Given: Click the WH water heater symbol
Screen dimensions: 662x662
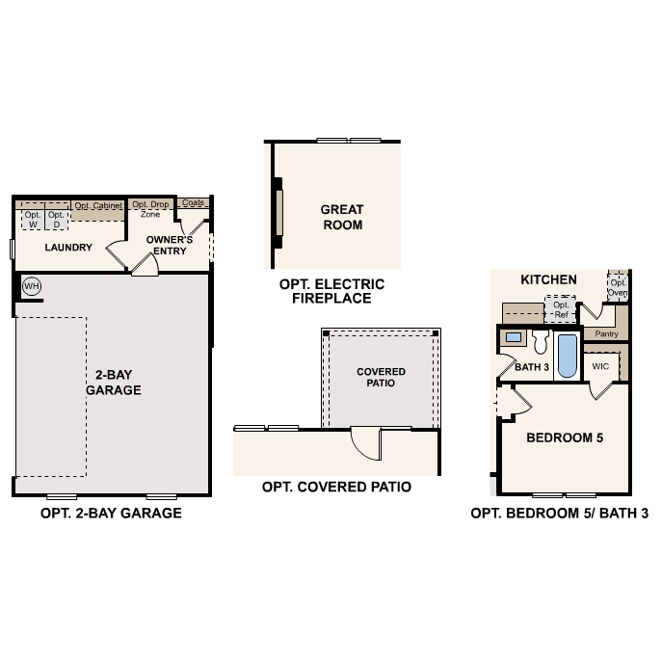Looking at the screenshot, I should pos(31,286).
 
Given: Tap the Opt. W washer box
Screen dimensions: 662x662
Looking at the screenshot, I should pos(32,220).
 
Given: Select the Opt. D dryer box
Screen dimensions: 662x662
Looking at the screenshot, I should pos(57,220).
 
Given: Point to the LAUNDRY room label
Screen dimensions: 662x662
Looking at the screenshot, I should pos(68,248).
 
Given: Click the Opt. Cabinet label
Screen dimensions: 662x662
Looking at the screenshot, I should pos(98,205).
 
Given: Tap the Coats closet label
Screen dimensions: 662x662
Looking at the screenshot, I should pos(194,203).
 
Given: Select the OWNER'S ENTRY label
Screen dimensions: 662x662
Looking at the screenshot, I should pos(170,245).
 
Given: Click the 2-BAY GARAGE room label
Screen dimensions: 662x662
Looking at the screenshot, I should pos(114,383).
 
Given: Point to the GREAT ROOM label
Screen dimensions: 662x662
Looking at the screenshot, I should pos(342,217).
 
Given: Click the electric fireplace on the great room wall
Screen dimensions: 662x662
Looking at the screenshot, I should pos(278,212).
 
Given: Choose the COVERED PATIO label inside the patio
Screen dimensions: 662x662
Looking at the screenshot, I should pos(382,377).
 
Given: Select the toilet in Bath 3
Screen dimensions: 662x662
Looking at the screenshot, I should pos(540,341).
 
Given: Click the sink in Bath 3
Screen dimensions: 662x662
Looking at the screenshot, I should pos(515,338).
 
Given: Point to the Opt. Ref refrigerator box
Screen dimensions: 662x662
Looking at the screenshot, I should pos(560,310).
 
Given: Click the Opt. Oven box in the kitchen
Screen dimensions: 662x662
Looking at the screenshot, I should pos(617,288).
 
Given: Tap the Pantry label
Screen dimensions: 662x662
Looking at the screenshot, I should pos(606,333).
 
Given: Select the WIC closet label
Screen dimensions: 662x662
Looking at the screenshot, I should pos(601,366).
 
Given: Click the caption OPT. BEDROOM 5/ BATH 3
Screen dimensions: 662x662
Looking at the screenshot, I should pos(559,514).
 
